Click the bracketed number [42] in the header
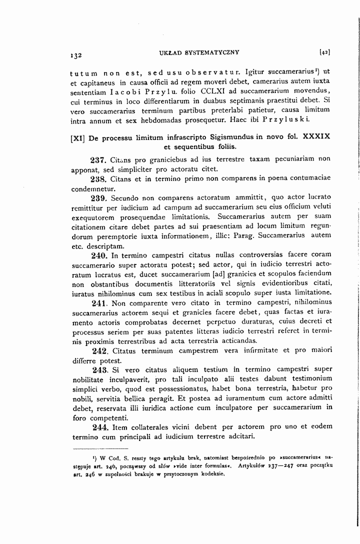pos(324,51)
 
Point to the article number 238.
pos(97,178)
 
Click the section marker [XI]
pos(78,136)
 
